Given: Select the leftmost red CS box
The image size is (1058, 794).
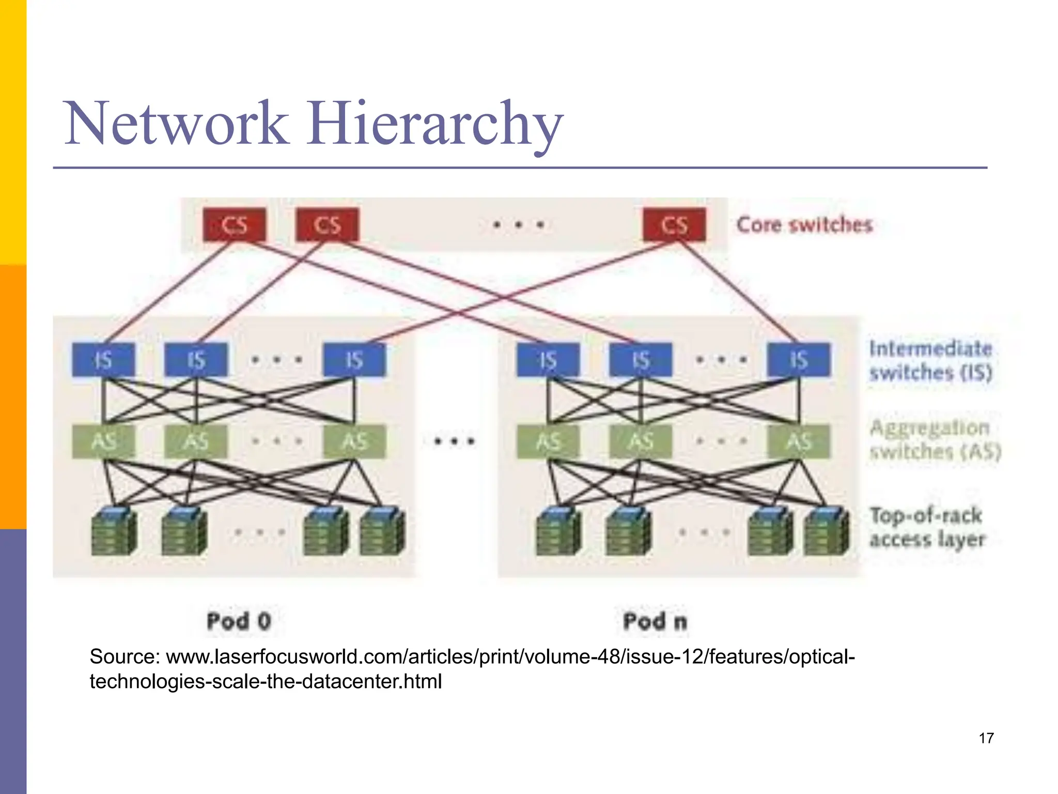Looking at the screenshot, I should click(x=235, y=225).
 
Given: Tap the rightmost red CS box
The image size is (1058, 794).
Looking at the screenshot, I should click(x=674, y=225).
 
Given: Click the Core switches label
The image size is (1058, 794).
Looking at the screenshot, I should click(x=804, y=225).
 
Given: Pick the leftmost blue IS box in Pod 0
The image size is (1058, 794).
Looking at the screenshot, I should click(x=103, y=359).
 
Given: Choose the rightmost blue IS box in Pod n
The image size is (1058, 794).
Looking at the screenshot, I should click(x=799, y=359).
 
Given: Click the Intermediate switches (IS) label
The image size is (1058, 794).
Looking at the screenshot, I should click(x=930, y=360).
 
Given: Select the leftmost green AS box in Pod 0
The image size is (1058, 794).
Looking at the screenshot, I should click(x=103, y=441).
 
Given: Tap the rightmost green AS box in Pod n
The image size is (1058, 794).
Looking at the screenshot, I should click(x=799, y=441).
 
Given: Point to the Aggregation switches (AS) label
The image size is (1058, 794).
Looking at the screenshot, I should click(x=934, y=439).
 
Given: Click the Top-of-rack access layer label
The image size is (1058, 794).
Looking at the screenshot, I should click(x=927, y=527).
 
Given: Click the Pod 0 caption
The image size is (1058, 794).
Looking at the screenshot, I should click(x=239, y=620).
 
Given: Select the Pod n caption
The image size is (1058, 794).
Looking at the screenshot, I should click(x=655, y=620).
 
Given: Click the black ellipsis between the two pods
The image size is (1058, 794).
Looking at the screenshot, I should click(x=454, y=441).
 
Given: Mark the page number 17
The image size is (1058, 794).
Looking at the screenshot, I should click(x=986, y=738).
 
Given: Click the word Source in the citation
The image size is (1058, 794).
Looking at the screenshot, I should click(x=125, y=656).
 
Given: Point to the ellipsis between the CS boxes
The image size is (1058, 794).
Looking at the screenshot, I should click(x=518, y=224).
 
